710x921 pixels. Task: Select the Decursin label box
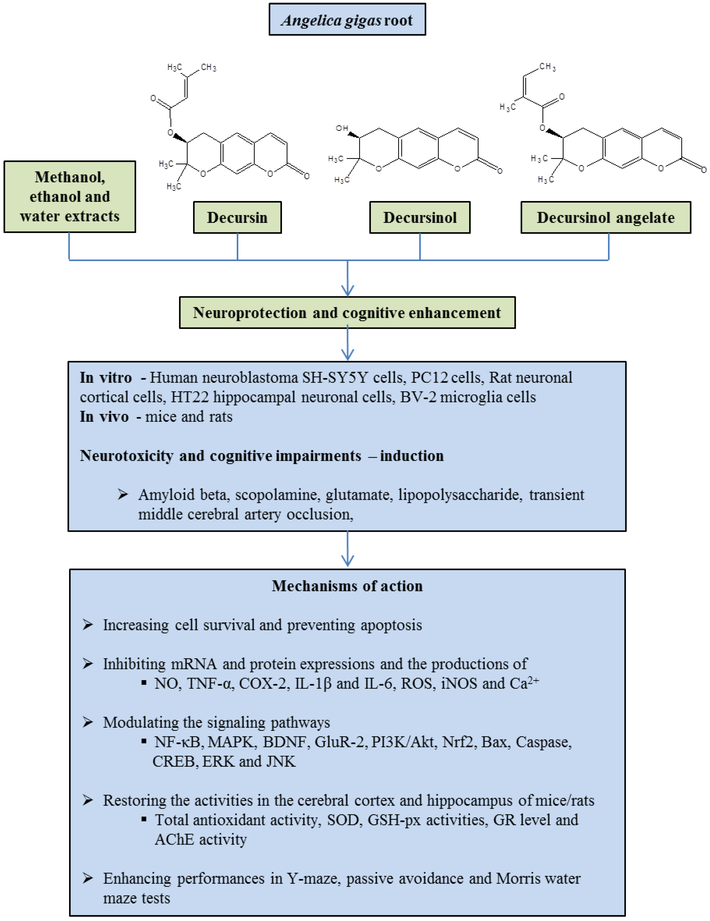(237, 217)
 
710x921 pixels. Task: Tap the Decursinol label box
(420, 217)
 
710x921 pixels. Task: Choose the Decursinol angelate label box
(606, 217)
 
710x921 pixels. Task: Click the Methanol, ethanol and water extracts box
(70, 197)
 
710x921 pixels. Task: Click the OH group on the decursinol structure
(342, 128)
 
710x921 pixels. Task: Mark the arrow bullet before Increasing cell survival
(88, 624)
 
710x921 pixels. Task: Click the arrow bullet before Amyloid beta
(123, 494)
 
